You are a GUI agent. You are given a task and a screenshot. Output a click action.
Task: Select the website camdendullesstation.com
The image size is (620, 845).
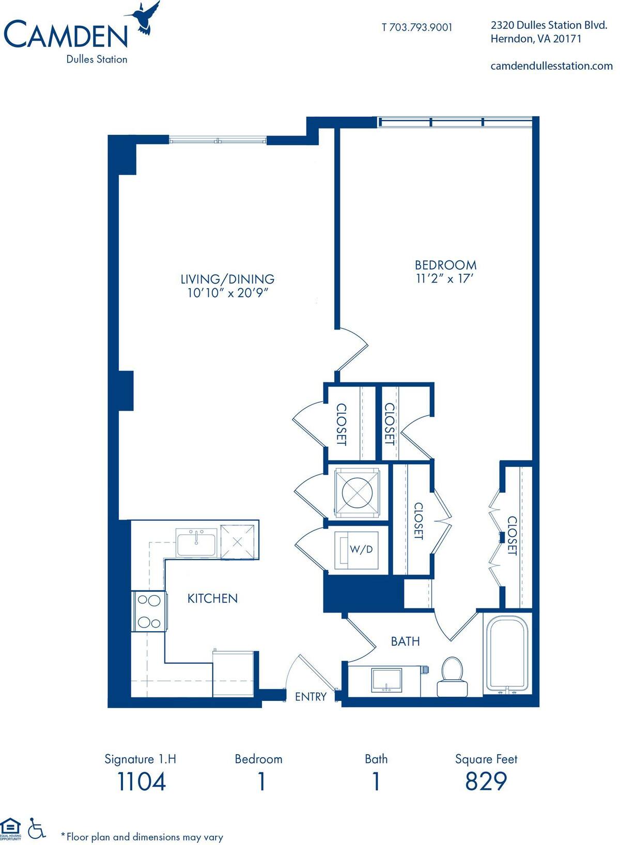(x=551, y=66)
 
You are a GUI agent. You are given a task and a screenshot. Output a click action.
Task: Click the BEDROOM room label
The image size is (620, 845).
(x=445, y=265)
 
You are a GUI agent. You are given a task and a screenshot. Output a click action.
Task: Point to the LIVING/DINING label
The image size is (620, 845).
(x=227, y=279)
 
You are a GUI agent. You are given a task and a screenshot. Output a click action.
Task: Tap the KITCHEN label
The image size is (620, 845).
(x=212, y=599)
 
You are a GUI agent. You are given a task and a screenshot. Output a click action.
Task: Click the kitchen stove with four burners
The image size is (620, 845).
(x=150, y=612)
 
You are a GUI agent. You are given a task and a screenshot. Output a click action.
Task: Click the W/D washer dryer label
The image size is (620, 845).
(x=361, y=550)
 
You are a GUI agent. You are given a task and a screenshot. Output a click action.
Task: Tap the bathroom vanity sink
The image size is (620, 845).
(x=386, y=679)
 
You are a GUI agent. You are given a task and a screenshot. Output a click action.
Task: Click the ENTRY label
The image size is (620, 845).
(x=311, y=697)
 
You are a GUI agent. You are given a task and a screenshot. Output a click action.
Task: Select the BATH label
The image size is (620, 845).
(x=405, y=641)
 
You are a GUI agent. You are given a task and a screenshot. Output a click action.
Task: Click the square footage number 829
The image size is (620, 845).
(x=486, y=781)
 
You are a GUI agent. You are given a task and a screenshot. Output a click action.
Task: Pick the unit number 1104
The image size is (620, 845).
(x=141, y=781)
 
